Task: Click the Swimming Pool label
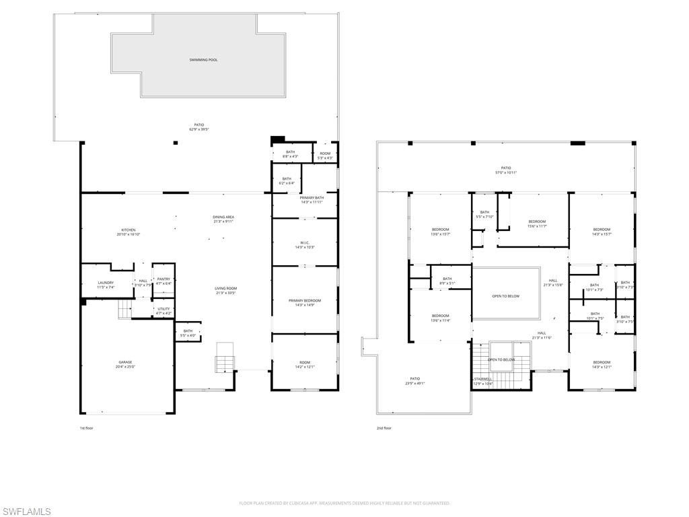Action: coord(203,60)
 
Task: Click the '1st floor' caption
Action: coord(87,428)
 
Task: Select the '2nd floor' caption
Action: coord(384,428)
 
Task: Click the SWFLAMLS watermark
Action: coord(26,512)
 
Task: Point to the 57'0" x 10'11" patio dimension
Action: coord(506,173)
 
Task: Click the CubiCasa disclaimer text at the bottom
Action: coord(344,503)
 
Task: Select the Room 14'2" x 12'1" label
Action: coord(304,364)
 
